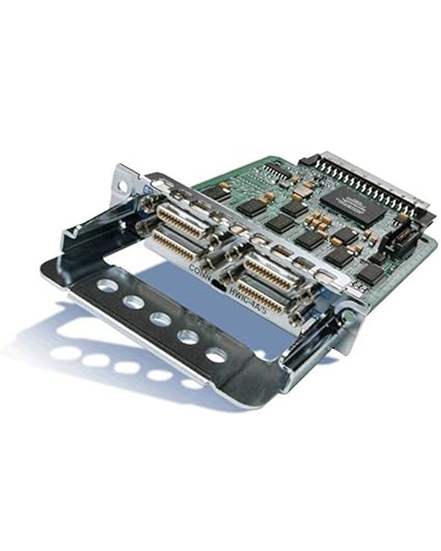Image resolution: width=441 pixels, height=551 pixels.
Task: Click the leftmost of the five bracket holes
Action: tap(107, 285)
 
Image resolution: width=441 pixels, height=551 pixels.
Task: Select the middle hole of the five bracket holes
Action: tap(160, 319)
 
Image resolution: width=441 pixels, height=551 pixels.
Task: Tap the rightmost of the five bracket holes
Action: tap(216, 355)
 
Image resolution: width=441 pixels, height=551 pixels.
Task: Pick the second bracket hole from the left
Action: tap(133, 302)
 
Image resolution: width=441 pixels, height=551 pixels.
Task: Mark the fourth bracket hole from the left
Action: tap(188, 337)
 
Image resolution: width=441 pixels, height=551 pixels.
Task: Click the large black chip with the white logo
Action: tap(352, 204)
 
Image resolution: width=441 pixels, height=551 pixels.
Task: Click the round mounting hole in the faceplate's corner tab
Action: tap(122, 187)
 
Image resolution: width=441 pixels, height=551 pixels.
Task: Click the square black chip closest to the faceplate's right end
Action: tap(370, 274)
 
